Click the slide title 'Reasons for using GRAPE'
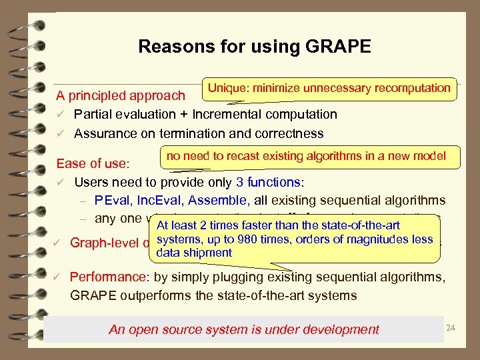point(254,47)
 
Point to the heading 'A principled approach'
point(121,97)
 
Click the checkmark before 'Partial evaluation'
point(60,115)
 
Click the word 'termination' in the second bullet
point(193,133)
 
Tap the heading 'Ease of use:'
point(93,163)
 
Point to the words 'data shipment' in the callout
point(193,253)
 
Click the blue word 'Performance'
point(107,277)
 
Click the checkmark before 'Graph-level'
point(58,243)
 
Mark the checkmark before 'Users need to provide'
point(60,182)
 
